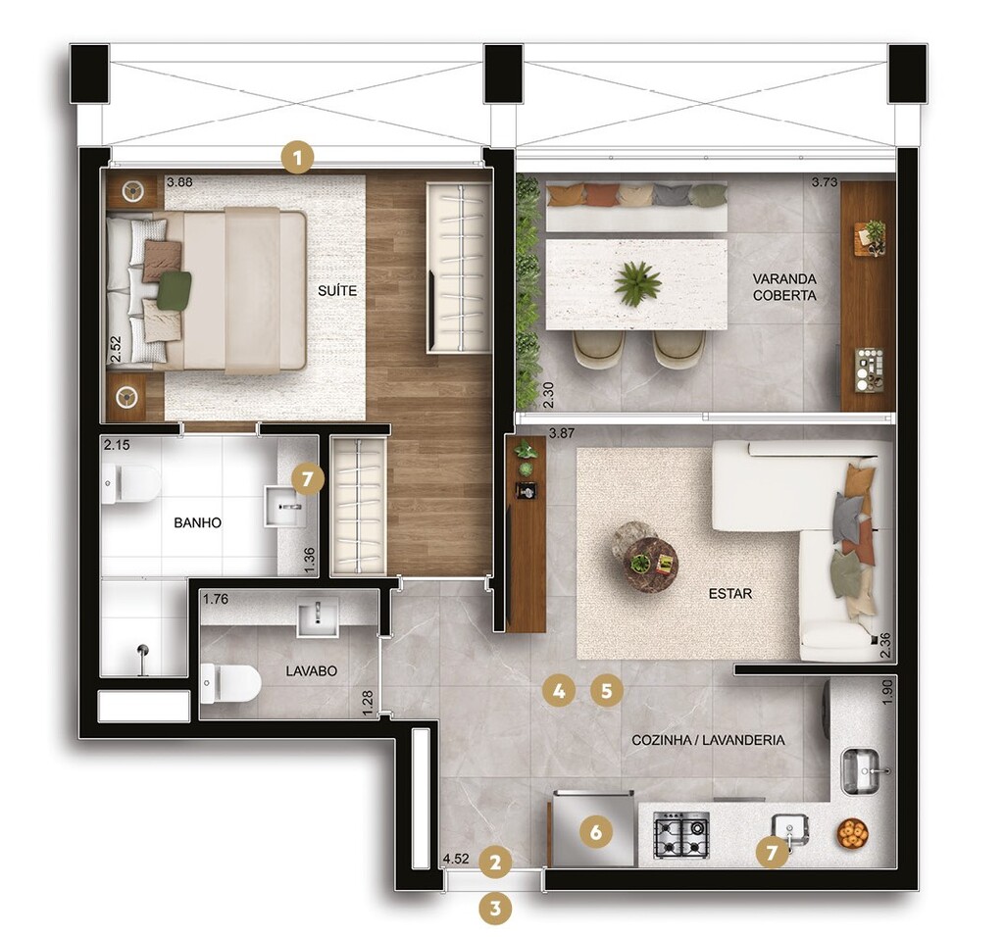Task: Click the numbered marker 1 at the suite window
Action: [x=297, y=157]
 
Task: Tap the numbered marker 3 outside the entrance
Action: [x=495, y=908]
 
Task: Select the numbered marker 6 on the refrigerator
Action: [x=595, y=832]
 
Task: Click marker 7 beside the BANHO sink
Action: [x=307, y=479]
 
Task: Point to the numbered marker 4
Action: [x=558, y=690]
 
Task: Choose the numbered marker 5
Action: [x=607, y=690]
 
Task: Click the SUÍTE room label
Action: [x=336, y=291]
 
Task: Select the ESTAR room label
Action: [x=730, y=594]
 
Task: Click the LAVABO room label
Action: [x=311, y=671]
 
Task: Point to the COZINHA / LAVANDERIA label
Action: [x=708, y=740]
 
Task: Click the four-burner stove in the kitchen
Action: [x=681, y=835]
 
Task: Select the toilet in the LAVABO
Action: [x=230, y=682]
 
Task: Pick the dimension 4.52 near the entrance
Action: [x=455, y=860]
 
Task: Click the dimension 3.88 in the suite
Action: [x=179, y=182]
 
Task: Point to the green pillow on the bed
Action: [x=174, y=290]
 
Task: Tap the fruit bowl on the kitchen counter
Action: [x=852, y=833]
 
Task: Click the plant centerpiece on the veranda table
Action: [x=637, y=283]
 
